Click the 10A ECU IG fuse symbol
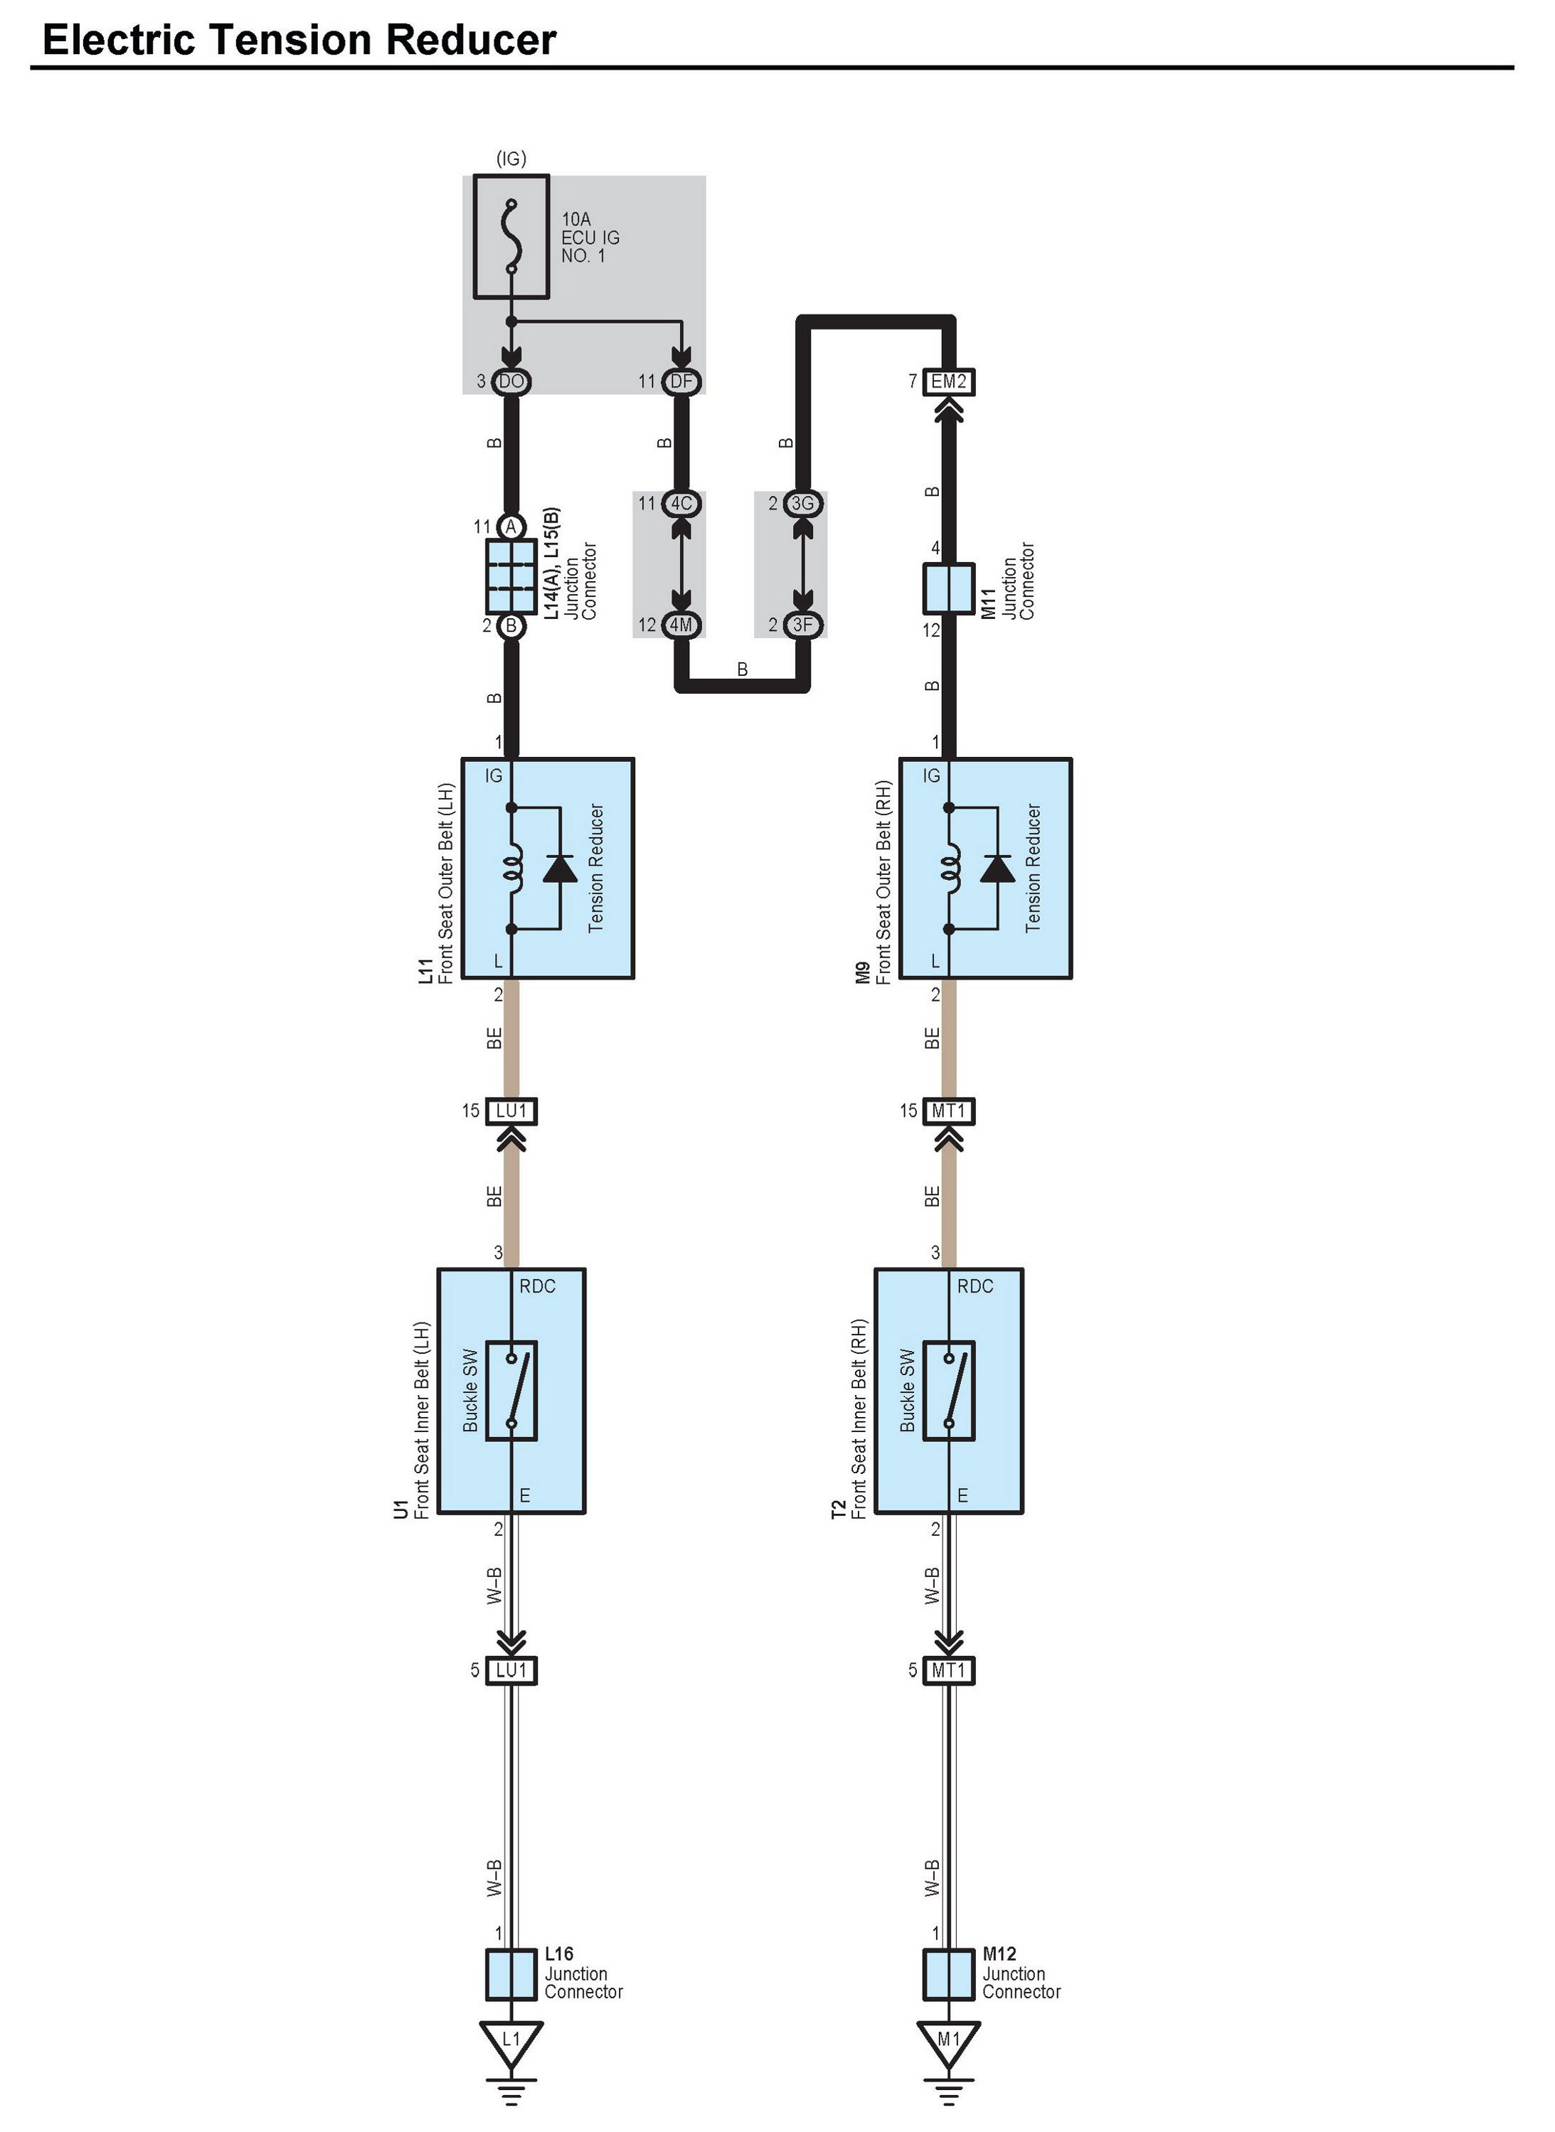click(511, 236)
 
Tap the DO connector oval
click(511, 381)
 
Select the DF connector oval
click(681, 381)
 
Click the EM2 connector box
click(949, 381)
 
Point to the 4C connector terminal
click(681, 504)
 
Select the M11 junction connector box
click(949, 588)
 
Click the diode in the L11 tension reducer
click(560, 868)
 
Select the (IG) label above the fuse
click(511, 158)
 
